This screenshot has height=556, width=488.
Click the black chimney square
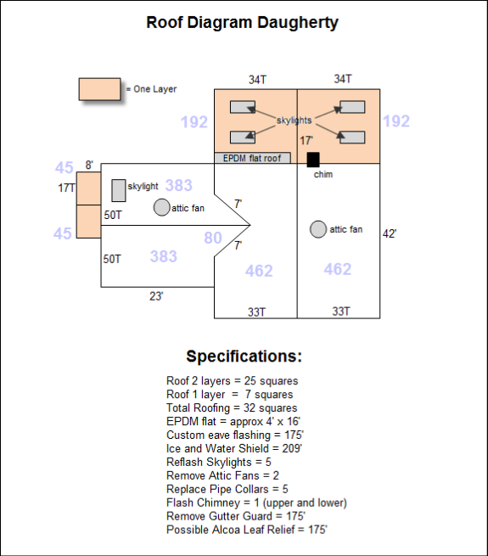pyautogui.click(x=313, y=160)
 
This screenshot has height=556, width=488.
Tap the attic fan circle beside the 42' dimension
pyautogui.click(x=318, y=229)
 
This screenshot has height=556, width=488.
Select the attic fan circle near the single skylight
pyautogui.click(x=161, y=207)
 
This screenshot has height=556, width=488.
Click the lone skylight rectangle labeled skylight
pyautogui.click(x=119, y=190)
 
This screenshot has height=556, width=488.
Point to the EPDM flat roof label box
pyautogui.click(x=253, y=158)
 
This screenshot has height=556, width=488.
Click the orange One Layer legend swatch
pyautogui.click(x=99, y=89)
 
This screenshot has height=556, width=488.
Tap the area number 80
pyautogui.click(x=213, y=238)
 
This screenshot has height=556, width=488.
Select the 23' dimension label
pyautogui.click(x=156, y=295)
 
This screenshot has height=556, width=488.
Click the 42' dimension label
pyautogui.click(x=390, y=233)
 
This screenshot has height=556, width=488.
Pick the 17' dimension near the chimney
pyautogui.click(x=306, y=140)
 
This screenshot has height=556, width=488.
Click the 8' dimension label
pyautogui.click(x=89, y=165)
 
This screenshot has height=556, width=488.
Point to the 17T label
pyautogui.click(x=66, y=188)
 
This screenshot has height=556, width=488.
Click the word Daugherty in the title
pyautogui.click(x=298, y=23)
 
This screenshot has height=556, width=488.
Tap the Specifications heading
pyautogui.click(x=244, y=356)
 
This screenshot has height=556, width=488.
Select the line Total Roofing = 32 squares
pyautogui.click(x=232, y=407)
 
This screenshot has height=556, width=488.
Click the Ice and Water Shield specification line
pyautogui.click(x=234, y=448)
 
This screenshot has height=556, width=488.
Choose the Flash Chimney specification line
pyautogui.click(x=257, y=503)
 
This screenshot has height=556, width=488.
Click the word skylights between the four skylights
pyautogui.click(x=294, y=121)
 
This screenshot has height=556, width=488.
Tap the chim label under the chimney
pyautogui.click(x=323, y=174)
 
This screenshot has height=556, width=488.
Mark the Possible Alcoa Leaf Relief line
pyautogui.click(x=247, y=530)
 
